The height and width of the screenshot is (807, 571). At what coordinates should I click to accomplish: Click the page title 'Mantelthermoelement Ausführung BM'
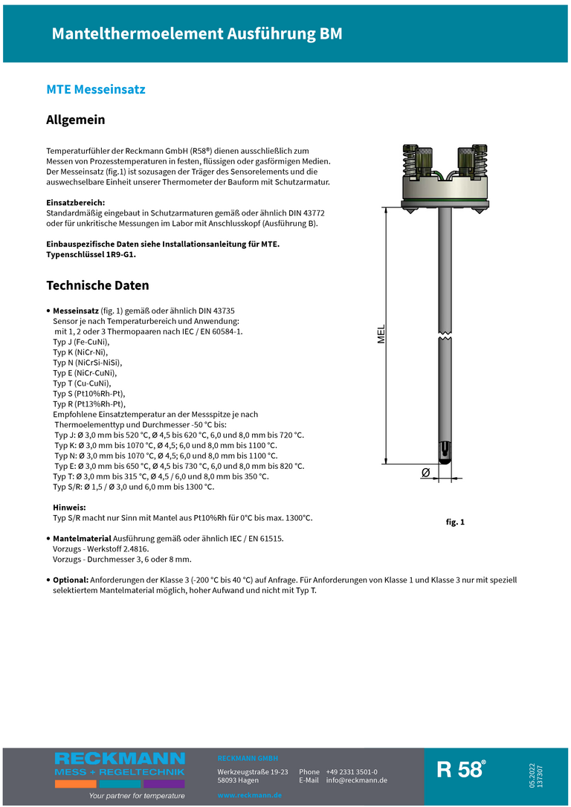[x=197, y=34]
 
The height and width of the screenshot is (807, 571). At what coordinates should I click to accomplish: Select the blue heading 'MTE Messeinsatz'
[x=96, y=89]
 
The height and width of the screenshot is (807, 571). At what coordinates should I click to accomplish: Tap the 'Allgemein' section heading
[x=76, y=120]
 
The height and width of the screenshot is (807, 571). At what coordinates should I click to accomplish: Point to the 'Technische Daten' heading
[x=97, y=285]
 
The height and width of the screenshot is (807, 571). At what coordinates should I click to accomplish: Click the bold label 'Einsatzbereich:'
[x=76, y=202]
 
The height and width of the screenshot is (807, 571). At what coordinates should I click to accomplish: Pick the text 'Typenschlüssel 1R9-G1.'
[x=91, y=254]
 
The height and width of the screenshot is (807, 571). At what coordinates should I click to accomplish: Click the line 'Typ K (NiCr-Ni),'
[x=80, y=352]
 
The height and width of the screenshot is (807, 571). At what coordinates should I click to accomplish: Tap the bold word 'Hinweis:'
[x=69, y=507]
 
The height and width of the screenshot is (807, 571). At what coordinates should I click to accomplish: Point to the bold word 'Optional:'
[x=71, y=579]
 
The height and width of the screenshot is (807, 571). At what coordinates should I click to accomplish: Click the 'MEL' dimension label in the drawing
[x=381, y=334]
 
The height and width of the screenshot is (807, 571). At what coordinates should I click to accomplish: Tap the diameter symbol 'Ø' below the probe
[x=426, y=473]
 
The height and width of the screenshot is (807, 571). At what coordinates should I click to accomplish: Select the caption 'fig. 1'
[x=455, y=522]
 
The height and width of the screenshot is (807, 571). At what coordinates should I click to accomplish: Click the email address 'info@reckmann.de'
[x=357, y=780]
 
